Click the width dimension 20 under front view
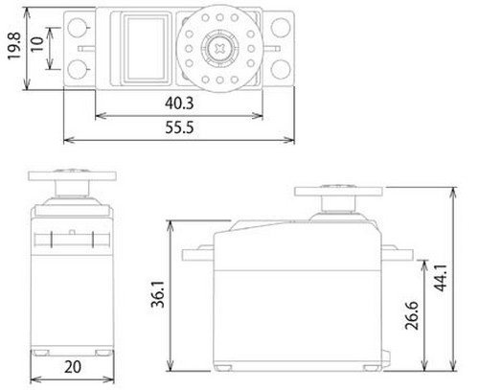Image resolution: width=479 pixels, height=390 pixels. click(x=73, y=367)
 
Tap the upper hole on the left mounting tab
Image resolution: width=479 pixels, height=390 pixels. click(x=78, y=25)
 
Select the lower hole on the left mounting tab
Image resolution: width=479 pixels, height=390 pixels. click(x=78, y=66)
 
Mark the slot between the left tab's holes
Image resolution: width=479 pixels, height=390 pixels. click(x=83, y=46)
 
